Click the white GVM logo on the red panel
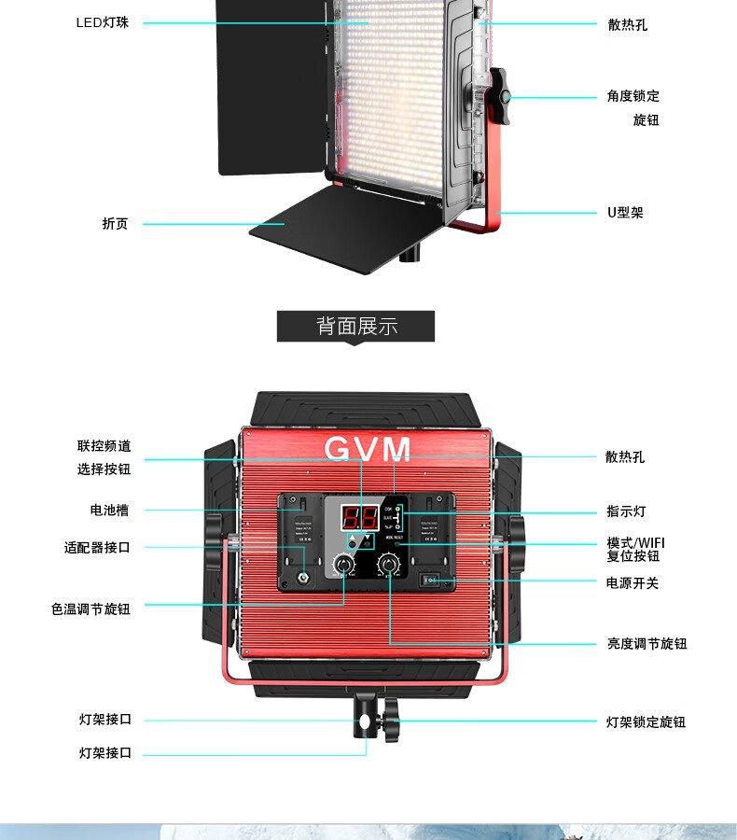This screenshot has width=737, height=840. pos(368,450)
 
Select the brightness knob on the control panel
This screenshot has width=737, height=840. pos(387,566)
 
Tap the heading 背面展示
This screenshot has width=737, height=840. pos(356,327)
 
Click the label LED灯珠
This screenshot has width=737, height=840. pos(103,22)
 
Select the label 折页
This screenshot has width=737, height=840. pos(116,224)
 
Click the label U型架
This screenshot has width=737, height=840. pos(625,213)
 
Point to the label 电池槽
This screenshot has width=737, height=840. pos(109,510)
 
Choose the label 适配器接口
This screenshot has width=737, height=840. pos(97,548)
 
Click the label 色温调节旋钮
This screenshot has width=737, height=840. pos(90,609)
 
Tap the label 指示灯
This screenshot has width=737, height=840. pos(625,511)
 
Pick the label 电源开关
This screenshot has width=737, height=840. pos(633,582)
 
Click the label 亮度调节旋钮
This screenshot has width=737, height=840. pos(647,643)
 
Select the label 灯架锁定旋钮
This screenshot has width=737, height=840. pos(646,721)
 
